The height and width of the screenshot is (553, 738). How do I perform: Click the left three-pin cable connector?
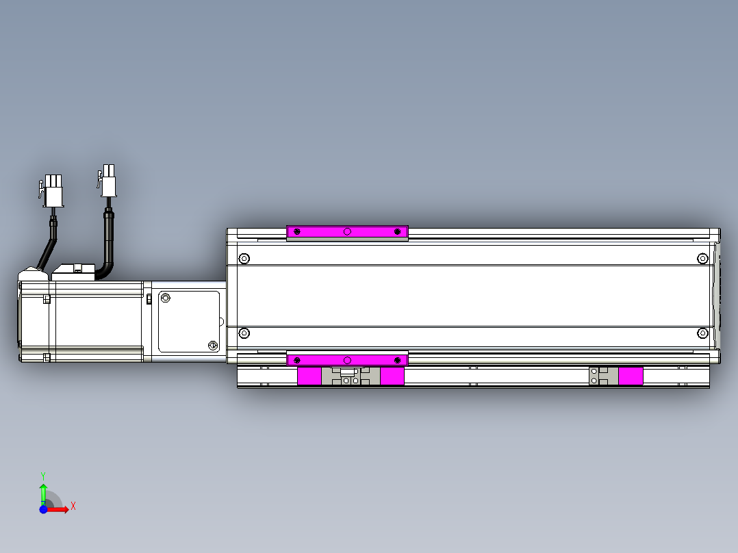pos(52,191)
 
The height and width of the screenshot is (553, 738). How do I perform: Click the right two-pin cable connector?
pos(107,180)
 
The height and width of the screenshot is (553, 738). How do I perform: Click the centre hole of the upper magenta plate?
pos(347,232)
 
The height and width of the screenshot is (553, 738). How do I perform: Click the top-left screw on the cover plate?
pos(244,259)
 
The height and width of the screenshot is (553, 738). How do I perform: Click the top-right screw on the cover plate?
pos(702,259)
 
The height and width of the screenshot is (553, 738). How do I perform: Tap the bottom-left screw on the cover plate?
pos(244,333)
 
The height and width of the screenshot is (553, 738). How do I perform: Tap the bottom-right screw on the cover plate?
pos(702,333)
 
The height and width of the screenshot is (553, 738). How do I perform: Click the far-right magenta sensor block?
pos(631,376)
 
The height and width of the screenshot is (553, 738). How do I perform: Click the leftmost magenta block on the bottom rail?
pos(309,376)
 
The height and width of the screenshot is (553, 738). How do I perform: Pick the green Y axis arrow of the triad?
pos(43,487)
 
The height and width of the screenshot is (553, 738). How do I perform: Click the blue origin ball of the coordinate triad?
pos(43,509)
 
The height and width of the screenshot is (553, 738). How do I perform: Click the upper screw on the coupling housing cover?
pos(165,298)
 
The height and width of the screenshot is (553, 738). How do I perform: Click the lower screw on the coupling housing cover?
pos(212,346)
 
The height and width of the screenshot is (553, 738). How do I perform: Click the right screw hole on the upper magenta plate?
pos(398,232)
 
